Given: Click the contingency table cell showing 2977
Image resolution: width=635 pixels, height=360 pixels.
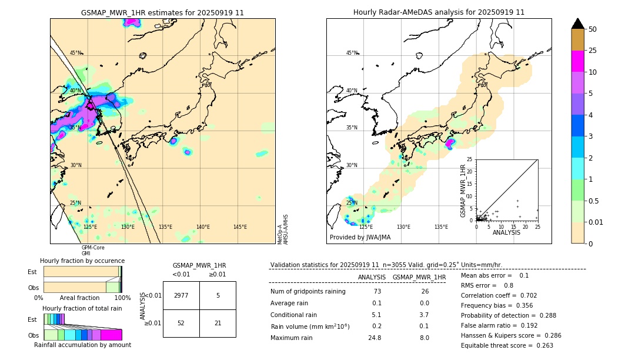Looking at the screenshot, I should pyautogui.click(x=181, y=295).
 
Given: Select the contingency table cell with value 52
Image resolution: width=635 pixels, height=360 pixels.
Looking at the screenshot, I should pyautogui.click(x=181, y=323).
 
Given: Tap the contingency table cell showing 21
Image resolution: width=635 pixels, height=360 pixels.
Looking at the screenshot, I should pyautogui.click(x=218, y=323).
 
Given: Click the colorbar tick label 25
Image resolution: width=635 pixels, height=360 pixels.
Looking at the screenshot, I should pyautogui.click(x=593, y=51).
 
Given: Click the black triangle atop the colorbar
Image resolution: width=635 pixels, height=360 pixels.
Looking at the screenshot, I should pyautogui.click(x=578, y=24).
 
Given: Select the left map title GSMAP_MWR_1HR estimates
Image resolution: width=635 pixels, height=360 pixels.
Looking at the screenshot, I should pyautogui.click(x=162, y=12).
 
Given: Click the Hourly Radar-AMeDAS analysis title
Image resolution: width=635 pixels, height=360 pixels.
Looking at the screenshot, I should pyautogui.click(x=439, y=12).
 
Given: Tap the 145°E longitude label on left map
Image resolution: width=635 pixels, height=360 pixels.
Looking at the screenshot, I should pyautogui.click(x=240, y=226).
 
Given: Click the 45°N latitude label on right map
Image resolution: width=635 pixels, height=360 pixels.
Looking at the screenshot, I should pyautogui.click(x=352, y=53).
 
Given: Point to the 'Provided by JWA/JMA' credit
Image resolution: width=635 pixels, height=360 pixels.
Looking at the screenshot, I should pyautogui.click(x=360, y=237).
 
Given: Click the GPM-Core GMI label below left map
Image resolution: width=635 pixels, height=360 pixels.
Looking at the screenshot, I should pyautogui.click(x=93, y=250).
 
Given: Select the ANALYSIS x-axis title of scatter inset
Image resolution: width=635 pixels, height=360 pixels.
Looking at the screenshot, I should pyautogui.click(x=506, y=232).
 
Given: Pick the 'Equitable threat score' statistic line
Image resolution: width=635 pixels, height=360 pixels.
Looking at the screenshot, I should pyautogui.click(x=507, y=345).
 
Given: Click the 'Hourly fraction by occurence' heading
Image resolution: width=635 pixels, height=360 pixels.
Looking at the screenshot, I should pyautogui.click(x=82, y=261).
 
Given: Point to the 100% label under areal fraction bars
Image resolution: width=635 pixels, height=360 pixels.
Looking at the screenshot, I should pyautogui.click(x=122, y=298).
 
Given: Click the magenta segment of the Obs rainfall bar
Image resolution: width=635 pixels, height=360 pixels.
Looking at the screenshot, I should pyautogui.click(x=111, y=335).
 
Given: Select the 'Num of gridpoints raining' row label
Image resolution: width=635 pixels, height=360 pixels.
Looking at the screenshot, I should pyautogui.click(x=308, y=291).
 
